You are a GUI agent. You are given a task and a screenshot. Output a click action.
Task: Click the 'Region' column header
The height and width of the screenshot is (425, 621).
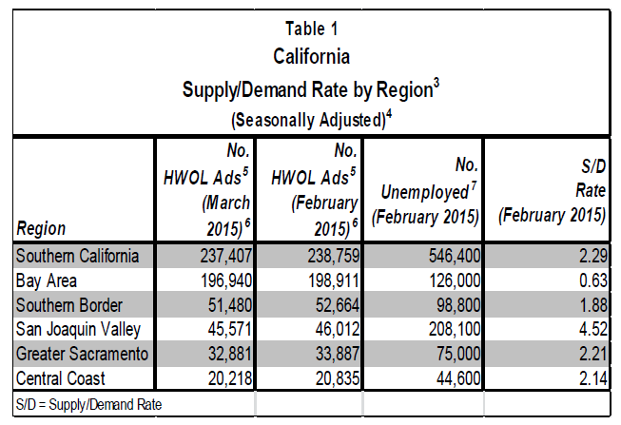[x=42, y=229]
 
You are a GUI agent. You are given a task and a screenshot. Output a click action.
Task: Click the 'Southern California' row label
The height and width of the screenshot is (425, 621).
[x=78, y=256]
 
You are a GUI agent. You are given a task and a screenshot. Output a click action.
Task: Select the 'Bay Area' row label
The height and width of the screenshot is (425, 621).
[x=47, y=280]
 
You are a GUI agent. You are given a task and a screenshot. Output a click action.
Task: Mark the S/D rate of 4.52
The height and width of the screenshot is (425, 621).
[x=591, y=329]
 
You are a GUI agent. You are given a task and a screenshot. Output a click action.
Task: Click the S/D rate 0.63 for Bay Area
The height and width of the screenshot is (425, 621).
[x=591, y=280]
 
